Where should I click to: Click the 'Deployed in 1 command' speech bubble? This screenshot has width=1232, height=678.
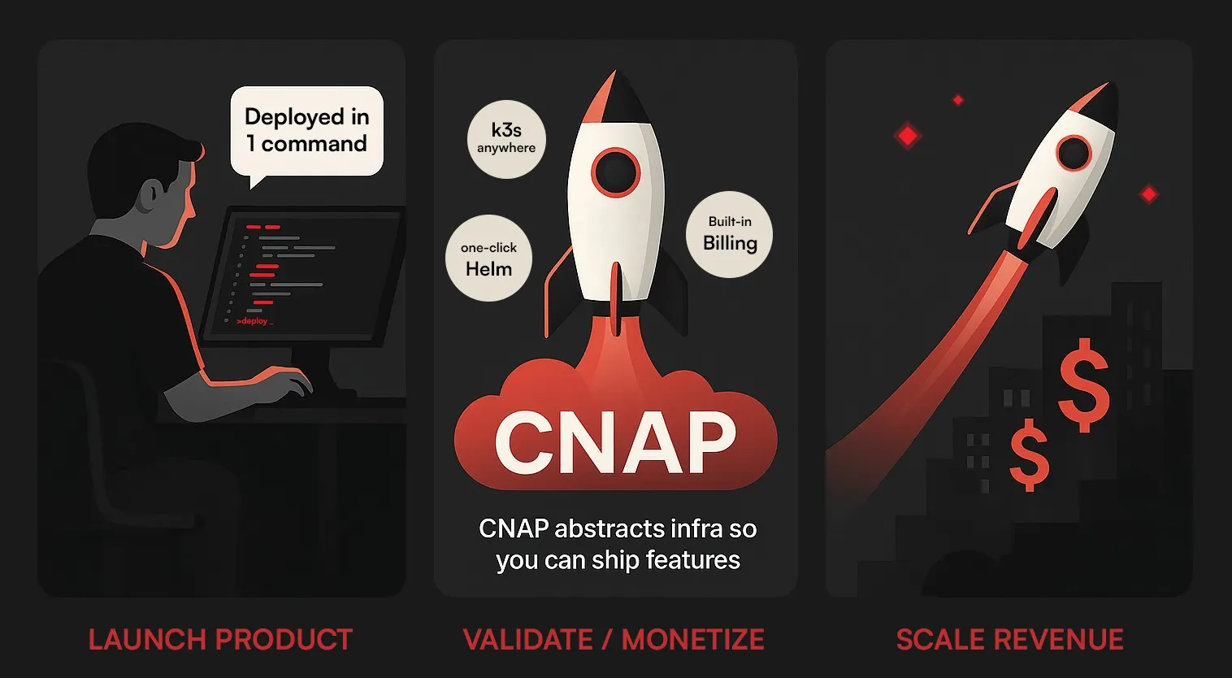[306, 131]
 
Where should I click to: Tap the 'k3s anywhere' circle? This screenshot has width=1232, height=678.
[506, 138]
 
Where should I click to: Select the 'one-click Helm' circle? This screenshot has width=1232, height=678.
[488, 259]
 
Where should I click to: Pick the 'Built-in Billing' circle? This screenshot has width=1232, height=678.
[729, 234]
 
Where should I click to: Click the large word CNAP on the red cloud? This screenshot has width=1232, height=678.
[615, 442]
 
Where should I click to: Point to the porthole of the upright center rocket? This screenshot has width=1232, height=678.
[615, 172]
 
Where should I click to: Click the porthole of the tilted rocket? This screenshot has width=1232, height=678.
[1074, 153]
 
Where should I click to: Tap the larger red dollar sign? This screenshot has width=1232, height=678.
[1083, 385]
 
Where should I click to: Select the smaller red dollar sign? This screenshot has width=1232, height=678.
[1029, 454]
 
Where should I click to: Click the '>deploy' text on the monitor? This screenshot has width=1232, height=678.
[254, 321]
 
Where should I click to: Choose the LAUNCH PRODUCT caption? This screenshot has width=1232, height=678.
[220, 640]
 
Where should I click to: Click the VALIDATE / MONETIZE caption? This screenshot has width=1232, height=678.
[614, 640]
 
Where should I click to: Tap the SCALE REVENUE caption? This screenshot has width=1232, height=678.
[1009, 640]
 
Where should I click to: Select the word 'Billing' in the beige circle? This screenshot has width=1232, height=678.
[730, 243]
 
